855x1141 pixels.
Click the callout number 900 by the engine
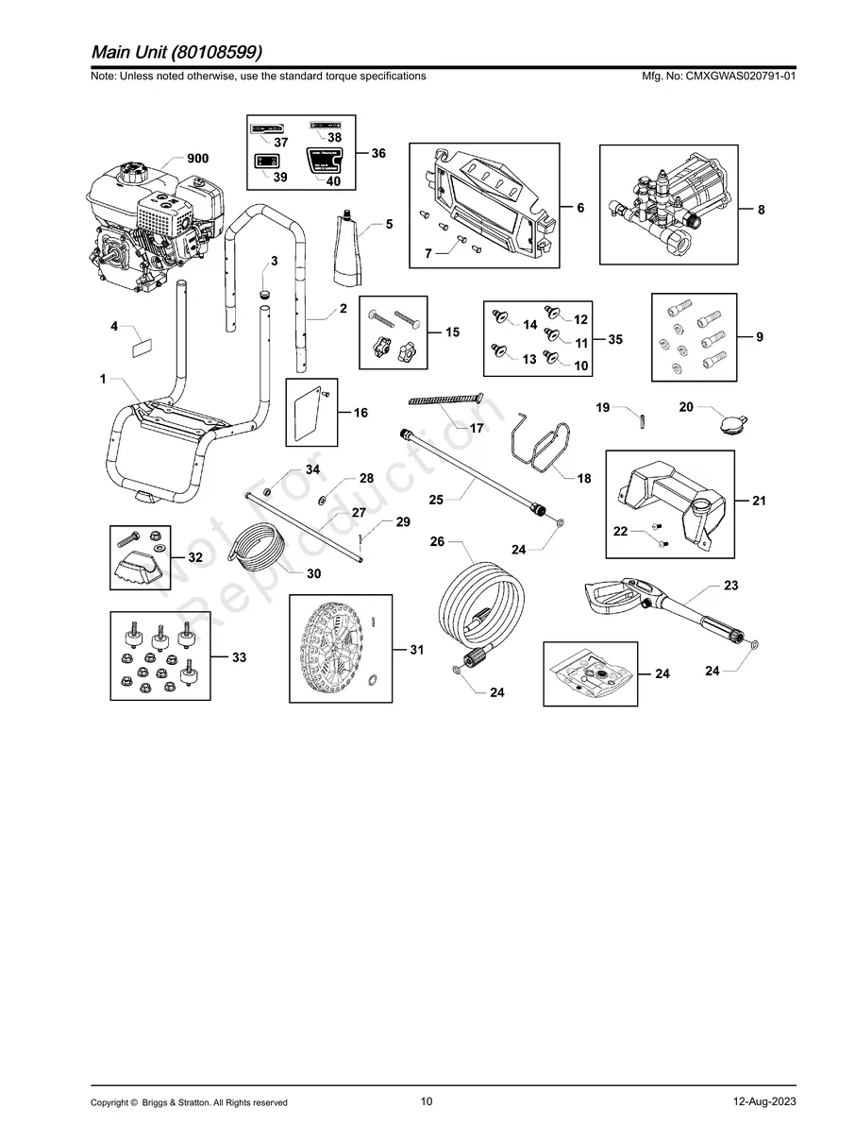point(197,159)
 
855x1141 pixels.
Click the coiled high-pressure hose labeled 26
point(478,605)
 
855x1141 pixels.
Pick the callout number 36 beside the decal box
point(377,153)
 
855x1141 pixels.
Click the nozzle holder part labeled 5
point(350,247)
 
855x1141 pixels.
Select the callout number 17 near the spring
point(477,428)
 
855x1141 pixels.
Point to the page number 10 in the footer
point(427,1101)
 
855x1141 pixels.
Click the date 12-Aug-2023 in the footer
point(763,1102)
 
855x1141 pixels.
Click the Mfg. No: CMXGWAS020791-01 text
point(717,76)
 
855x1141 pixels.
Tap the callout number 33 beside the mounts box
point(239,657)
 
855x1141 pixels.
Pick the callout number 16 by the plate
point(360,413)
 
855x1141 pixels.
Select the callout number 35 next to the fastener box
point(614,340)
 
